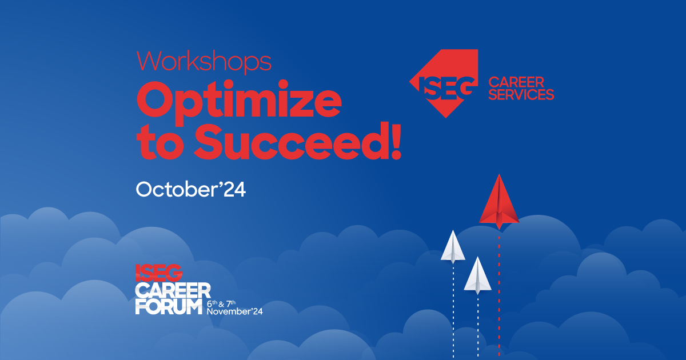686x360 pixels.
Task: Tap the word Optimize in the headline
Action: tap(239, 102)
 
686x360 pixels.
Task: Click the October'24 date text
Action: tap(191, 190)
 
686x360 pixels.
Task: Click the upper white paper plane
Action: tap(453, 247)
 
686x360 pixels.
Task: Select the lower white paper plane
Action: tap(477, 275)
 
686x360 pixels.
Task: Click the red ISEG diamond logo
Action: tap(444, 83)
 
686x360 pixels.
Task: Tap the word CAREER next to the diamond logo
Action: tap(516, 82)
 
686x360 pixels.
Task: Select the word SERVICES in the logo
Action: tap(521, 94)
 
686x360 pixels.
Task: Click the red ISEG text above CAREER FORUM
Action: tap(159, 273)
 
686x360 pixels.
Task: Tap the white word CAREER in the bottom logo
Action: tap(173, 290)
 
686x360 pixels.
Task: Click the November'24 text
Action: tap(234, 311)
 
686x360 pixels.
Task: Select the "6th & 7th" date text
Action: tap(221, 303)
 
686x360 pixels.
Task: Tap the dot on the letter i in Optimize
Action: tap(284, 85)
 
